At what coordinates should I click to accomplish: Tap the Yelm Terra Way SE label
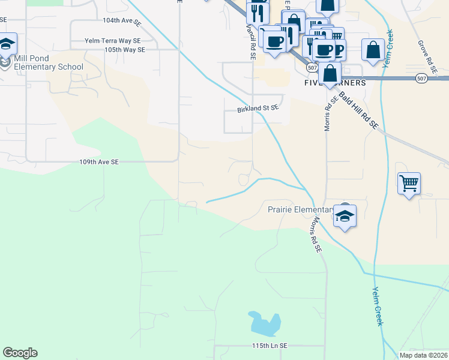click(113, 41)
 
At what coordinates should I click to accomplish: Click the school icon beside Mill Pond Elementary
click(7, 44)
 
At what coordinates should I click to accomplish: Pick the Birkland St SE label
click(259, 109)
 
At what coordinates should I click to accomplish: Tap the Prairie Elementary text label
click(300, 209)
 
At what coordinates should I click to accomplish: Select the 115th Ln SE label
click(270, 346)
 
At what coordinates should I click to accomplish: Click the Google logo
click(20, 353)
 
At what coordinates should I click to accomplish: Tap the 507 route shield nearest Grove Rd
click(421, 78)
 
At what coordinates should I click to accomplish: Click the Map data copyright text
click(424, 355)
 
